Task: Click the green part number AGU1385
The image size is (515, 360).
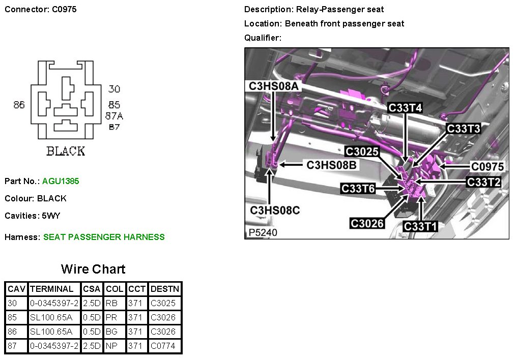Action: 61,181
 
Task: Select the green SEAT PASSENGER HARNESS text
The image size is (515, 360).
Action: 104,237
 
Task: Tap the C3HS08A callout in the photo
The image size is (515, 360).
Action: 273,86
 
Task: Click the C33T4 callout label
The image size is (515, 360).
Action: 405,108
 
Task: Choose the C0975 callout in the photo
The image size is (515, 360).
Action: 487,166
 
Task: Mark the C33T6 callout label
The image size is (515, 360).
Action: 358,189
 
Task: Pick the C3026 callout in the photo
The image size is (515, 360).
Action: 367,223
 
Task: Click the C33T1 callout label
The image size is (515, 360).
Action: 420,226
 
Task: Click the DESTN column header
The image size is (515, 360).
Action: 165,289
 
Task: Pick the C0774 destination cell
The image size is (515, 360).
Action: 163,346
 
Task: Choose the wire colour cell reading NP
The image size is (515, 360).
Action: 112,346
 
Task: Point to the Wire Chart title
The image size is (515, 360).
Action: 93,269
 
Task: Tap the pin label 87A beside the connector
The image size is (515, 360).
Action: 115,116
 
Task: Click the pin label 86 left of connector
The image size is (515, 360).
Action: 19,105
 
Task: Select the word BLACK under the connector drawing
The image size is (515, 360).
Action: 66,151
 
